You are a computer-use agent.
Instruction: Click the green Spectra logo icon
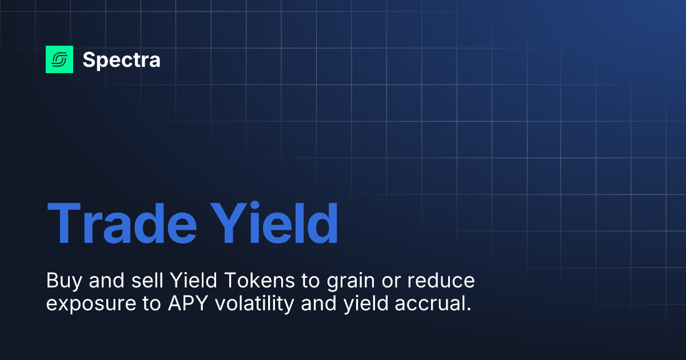coord(59,59)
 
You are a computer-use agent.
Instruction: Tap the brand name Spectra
coord(121,59)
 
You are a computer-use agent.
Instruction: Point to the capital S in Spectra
coord(89,59)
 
